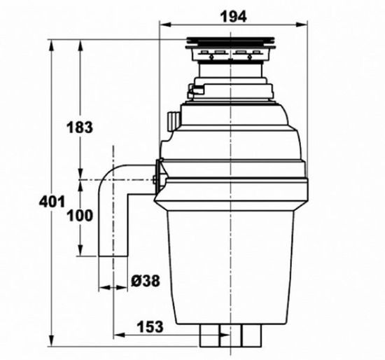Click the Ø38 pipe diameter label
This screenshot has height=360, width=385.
pyautogui.click(x=146, y=280)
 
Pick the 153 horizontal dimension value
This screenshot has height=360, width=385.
pyautogui.click(x=149, y=326)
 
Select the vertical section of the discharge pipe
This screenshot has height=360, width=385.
pyautogui.click(x=115, y=224)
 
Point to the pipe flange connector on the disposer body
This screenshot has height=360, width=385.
pyautogui.click(x=157, y=178)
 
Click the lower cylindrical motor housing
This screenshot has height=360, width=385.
pyautogui.click(x=230, y=266)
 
